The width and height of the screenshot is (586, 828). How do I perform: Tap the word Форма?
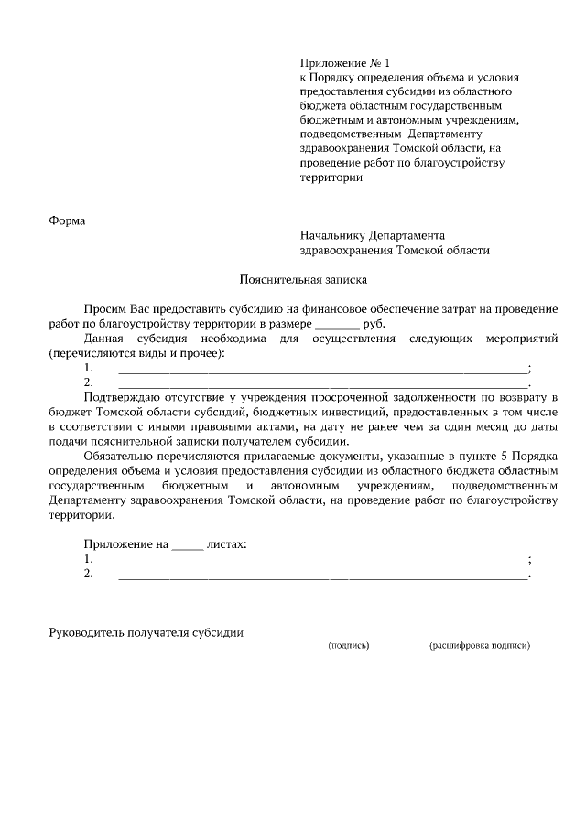pos(66,220)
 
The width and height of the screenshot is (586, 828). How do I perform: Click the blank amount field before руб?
pos(338,324)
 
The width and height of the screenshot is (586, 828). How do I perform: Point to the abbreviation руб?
pos(374,324)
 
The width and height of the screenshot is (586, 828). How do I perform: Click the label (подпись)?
pos(349,645)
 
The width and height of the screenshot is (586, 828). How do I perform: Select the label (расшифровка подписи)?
pos(479,645)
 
